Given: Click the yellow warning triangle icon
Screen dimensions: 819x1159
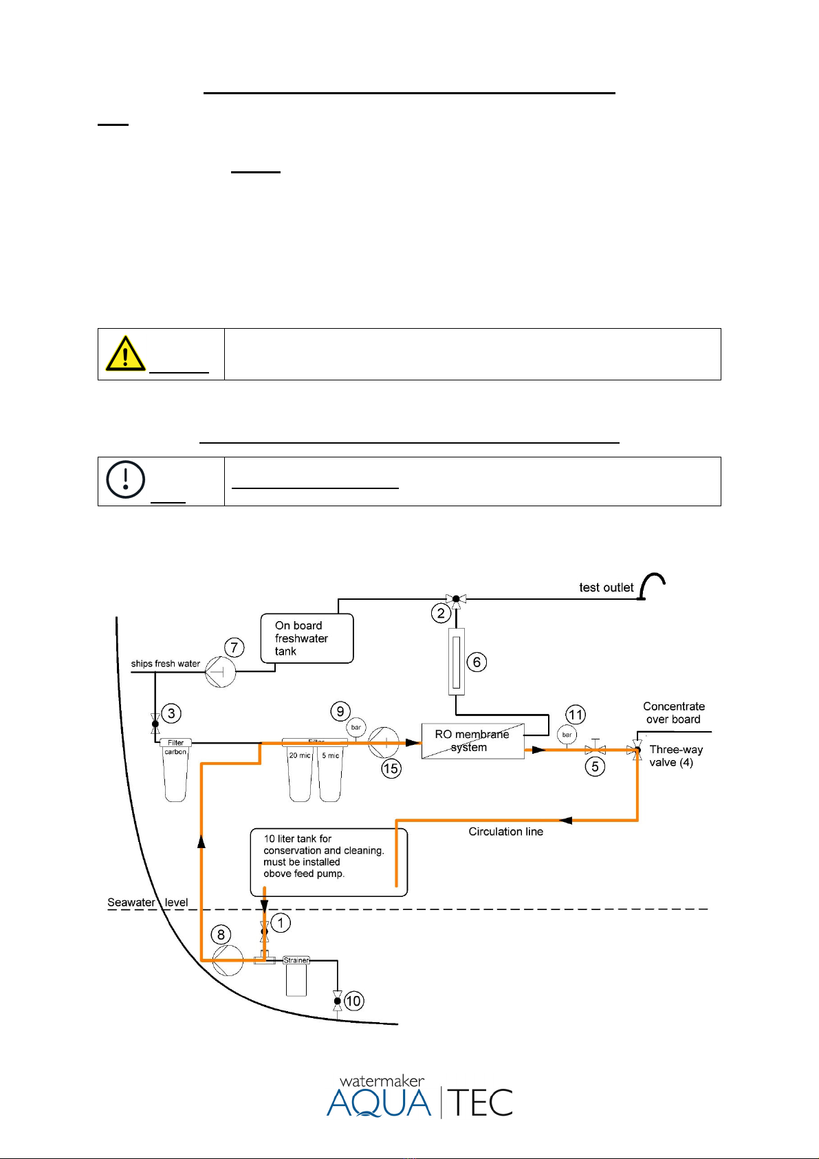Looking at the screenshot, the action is click(x=125, y=354).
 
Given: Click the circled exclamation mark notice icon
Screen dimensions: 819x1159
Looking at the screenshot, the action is click(x=125, y=479).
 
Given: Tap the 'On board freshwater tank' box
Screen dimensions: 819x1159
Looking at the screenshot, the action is click(x=307, y=638).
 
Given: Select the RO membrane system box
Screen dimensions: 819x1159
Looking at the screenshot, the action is click(x=473, y=741).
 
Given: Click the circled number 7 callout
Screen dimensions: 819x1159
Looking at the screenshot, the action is click(x=234, y=647).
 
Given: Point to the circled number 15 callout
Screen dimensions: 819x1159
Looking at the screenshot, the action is click(x=391, y=768).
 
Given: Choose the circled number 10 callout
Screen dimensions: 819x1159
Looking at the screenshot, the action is click(x=353, y=1001).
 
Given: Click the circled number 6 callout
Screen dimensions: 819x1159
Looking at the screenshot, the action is click(x=477, y=662).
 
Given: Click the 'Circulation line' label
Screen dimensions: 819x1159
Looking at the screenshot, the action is click(x=505, y=832).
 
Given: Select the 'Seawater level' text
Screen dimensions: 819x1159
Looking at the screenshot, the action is click(x=147, y=902).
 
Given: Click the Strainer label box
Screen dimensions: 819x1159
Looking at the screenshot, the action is click(x=296, y=960).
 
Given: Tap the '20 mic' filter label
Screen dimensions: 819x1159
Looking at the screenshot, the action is click(x=300, y=755).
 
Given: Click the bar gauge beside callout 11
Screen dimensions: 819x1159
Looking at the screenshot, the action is click(x=567, y=735).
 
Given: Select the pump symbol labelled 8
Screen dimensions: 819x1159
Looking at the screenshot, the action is click(x=228, y=960).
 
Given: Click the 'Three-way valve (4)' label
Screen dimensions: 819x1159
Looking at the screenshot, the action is click(x=676, y=756).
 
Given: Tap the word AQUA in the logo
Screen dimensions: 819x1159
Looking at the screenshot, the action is click(x=379, y=1103).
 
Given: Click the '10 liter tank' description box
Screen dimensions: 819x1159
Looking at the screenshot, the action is click(x=329, y=863).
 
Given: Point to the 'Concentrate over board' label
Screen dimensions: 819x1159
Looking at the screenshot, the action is click(x=674, y=713).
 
